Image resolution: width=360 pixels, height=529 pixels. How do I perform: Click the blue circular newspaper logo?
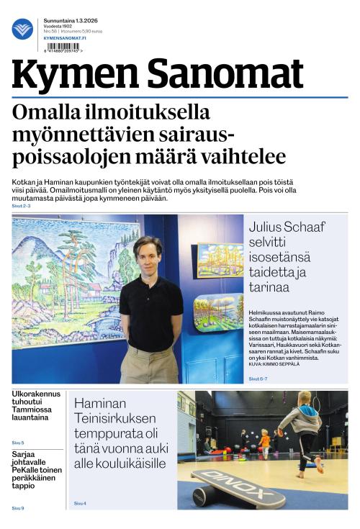pos(22,29)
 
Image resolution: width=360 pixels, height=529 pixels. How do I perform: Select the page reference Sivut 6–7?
pos(258,379)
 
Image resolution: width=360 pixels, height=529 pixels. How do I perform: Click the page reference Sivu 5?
pos(18,443)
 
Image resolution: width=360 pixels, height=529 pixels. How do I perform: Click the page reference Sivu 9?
pos(18,508)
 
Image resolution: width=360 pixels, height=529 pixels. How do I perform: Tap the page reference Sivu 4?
pos(80,503)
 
